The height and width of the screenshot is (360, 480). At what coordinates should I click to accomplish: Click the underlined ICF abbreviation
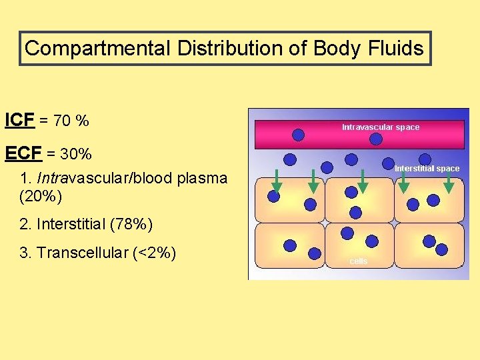click(x=20, y=121)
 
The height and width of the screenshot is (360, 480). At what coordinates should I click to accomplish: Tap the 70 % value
click(x=72, y=121)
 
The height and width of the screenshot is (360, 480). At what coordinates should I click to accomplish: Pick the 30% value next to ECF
click(x=76, y=155)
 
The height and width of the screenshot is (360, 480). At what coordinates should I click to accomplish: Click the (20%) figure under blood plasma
click(x=41, y=197)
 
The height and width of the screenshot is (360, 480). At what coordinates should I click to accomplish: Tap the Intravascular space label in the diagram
click(x=381, y=127)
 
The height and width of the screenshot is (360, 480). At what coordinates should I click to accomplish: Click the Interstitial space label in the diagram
click(x=427, y=169)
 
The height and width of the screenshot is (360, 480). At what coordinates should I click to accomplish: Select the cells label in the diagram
click(x=359, y=261)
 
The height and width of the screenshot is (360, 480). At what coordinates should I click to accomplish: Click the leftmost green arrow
click(x=277, y=181)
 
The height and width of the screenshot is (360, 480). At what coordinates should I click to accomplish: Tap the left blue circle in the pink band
click(x=299, y=135)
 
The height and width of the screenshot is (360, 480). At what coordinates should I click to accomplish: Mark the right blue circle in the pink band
click(x=376, y=139)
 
